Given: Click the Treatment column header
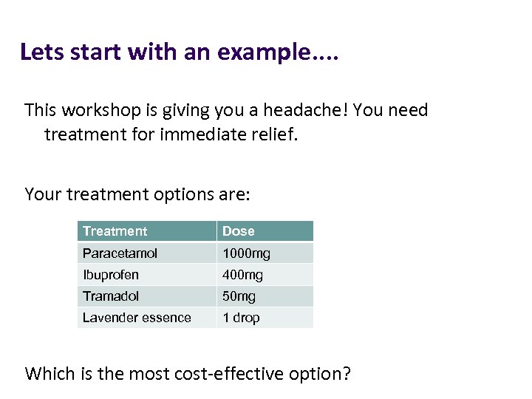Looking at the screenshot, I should point(115,231).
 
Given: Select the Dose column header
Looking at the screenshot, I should point(238,231).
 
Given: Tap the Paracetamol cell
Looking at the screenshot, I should point(120,253).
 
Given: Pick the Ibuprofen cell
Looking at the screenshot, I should point(111,275).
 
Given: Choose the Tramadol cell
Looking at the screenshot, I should point(111,296).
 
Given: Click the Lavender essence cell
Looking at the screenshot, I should point(137,318).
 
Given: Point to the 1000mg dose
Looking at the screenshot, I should point(247,253).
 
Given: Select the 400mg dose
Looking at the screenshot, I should point(243,275).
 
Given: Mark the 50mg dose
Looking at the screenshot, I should point(239,296).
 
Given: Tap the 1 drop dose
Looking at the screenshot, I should point(242,318).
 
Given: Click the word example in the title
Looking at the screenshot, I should point(265,53).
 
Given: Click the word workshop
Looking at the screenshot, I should point(98,111).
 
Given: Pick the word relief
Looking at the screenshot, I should point(273,134).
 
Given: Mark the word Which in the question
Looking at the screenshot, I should point(49,373).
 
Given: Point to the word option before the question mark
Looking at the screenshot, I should point(313,375).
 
